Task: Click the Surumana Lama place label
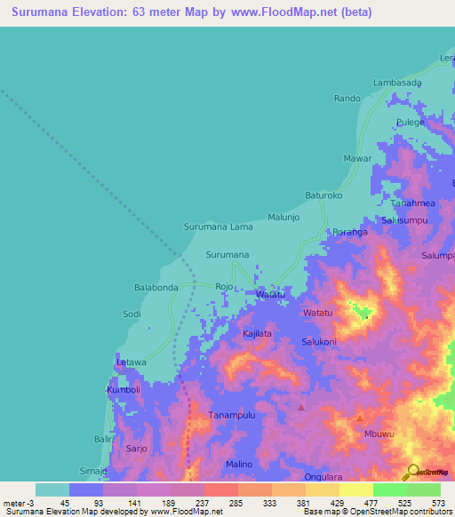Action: pyautogui.click(x=218, y=227)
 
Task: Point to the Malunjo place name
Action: pyautogui.click(x=283, y=217)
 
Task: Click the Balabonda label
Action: pyautogui.click(x=156, y=288)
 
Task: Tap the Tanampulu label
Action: pyautogui.click(x=232, y=415)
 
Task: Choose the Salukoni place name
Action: pyautogui.click(x=318, y=342)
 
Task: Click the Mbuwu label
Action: pyautogui.click(x=379, y=434)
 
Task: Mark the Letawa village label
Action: pyautogui.click(x=130, y=362)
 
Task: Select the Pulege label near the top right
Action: pyautogui.click(x=411, y=123)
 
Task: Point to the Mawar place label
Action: pyautogui.click(x=357, y=159)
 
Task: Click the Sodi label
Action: pyautogui.click(x=132, y=314)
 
